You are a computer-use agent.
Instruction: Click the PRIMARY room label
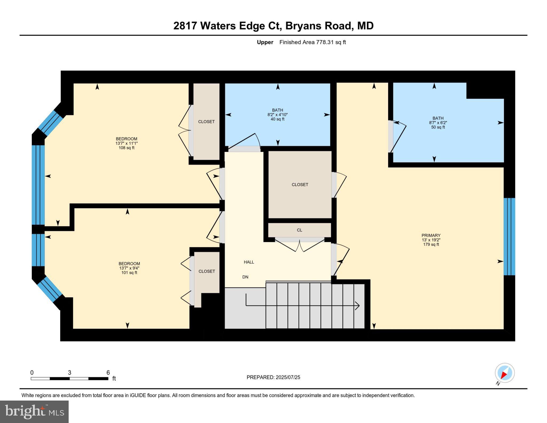pos(431,235)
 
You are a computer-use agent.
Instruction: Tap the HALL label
pos(249,262)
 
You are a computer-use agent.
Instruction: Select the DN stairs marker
pos(245,277)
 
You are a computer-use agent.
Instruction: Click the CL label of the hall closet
pos(299,230)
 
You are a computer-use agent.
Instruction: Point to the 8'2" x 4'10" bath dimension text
pos(278,115)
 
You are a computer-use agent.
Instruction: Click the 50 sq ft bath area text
pos(438,127)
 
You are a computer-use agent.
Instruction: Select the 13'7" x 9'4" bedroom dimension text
pos(129,268)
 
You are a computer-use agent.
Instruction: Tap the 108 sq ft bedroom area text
pos(126,148)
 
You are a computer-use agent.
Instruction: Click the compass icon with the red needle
pos(505,373)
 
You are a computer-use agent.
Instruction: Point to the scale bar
pos(69,378)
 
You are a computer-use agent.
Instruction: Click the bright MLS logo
pos(34,412)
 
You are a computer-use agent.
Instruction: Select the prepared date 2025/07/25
pos(288,377)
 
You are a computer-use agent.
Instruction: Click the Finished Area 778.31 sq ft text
pos(312,42)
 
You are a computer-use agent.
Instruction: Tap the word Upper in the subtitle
pos(265,42)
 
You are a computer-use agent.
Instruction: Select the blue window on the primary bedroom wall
pos(509,236)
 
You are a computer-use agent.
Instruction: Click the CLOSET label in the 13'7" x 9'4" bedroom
pos(207,271)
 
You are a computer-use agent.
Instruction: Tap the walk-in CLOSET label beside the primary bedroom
pos(300,185)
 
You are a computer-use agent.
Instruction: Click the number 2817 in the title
pos(185,26)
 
